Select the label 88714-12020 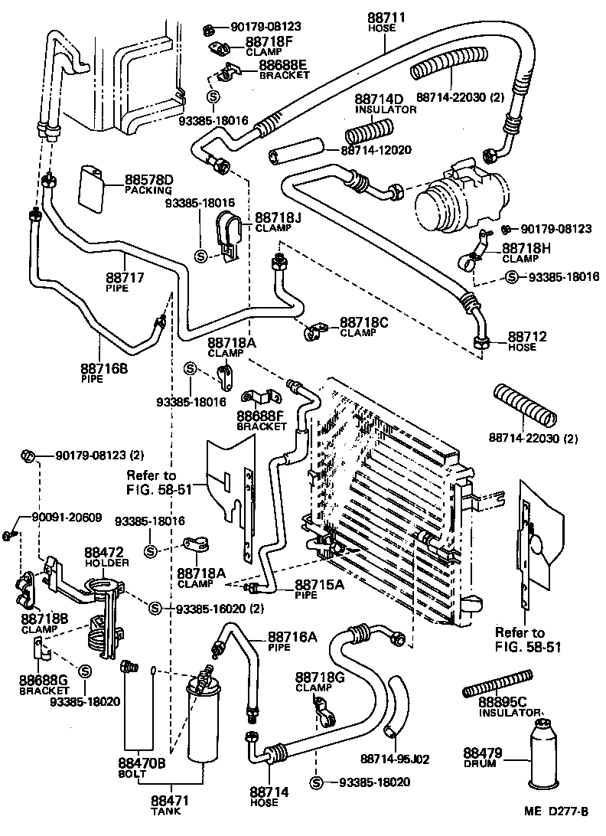376,150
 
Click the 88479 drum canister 545,755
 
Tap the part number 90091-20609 67,517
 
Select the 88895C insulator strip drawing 497,683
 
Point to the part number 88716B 105,367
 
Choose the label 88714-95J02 394,759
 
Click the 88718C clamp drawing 314,331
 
